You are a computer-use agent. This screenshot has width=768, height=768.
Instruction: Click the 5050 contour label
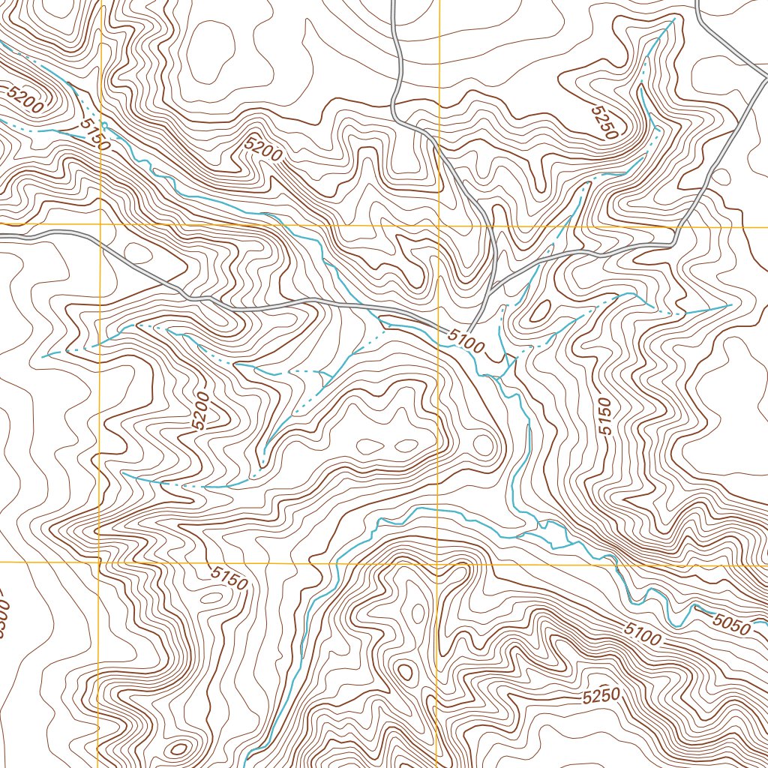[x=731, y=623]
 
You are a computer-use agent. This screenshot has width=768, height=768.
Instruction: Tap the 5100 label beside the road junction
[x=466, y=340]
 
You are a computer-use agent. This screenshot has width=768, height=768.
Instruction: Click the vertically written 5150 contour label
[x=605, y=417]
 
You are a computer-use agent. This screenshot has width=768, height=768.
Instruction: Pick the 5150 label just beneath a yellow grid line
[x=229, y=577]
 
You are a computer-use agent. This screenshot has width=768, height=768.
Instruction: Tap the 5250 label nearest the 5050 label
[x=601, y=697]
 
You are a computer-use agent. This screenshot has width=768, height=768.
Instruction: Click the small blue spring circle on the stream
[x=104, y=124]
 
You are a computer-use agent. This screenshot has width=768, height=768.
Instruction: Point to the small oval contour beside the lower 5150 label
[x=211, y=598]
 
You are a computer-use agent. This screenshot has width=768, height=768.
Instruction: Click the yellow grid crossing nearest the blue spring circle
[x=100, y=224]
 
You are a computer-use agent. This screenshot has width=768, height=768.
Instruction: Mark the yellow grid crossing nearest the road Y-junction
[x=438, y=225]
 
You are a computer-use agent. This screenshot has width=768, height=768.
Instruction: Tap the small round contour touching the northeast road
[x=720, y=177]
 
